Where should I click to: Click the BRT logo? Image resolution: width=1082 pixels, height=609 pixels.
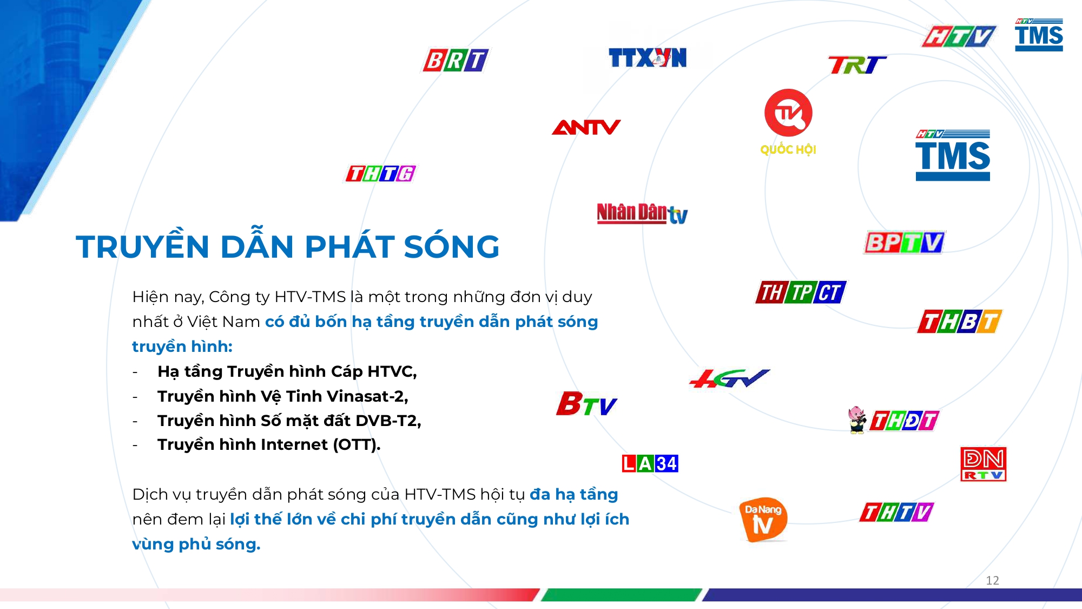[x=456, y=60]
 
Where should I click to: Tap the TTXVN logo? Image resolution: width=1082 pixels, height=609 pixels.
[x=647, y=58]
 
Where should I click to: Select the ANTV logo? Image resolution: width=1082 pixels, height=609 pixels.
[x=586, y=127]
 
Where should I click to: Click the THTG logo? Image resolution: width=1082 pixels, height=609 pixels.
[x=381, y=173]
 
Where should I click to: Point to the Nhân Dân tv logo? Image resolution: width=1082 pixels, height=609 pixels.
[x=642, y=213]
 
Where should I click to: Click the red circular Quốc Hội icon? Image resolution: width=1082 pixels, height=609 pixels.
[x=788, y=113]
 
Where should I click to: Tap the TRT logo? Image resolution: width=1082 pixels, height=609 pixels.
[x=857, y=66]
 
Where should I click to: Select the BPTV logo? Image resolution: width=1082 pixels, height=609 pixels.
[x=905, y=243]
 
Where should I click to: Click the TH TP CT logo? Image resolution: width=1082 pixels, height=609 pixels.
[x=801, y=292]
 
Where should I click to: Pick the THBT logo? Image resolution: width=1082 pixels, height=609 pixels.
[x=959, y=322]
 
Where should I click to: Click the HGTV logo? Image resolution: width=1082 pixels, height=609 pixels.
[x=729, y=378]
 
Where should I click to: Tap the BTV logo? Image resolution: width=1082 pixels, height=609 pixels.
[x=586, y=404]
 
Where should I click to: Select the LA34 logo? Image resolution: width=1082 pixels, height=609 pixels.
[x=650, y=463]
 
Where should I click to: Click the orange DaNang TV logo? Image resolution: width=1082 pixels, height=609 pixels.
[x=763, y=519]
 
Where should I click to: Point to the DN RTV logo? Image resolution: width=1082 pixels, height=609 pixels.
[x=983, y=464]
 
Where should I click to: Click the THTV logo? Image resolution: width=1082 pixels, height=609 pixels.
[x=896, y=512]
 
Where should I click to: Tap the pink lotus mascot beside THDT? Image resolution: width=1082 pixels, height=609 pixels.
[x=856, y=420]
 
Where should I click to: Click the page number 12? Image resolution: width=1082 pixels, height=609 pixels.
[x=992, y=580]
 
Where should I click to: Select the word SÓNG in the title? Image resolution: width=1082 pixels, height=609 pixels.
[x=451, y=247]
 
